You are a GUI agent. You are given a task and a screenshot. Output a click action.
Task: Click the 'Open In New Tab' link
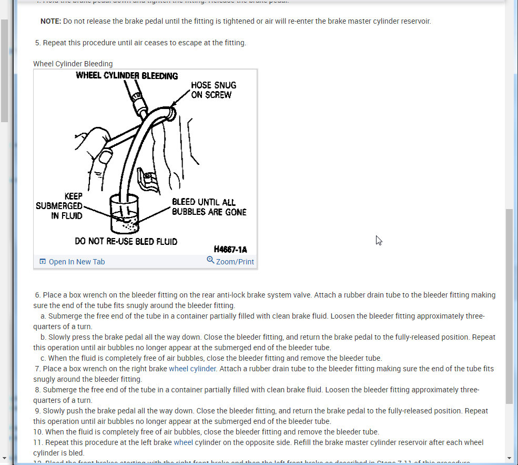[77, 262]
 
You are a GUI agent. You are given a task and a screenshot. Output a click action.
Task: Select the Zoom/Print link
[235, 262]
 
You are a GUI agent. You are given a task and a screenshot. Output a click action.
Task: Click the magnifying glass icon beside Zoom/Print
[210, 260]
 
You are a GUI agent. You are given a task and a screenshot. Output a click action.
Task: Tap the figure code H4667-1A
[230, 249]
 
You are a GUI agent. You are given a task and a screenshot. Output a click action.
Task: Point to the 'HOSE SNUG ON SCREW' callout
[214, 90]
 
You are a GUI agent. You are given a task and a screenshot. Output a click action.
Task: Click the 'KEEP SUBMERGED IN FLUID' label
[59, 205]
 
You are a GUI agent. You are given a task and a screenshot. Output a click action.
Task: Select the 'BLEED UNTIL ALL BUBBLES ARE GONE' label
[209, 207]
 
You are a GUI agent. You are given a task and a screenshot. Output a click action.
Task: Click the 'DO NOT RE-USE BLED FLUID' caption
[126, 242]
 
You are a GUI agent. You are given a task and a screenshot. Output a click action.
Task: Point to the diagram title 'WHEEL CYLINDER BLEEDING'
[127, 76]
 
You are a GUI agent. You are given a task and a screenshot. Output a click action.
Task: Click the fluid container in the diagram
[125, 214]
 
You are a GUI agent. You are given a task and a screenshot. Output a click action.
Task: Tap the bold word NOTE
[50, 22]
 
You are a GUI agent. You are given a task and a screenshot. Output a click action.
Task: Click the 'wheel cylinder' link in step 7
[192, 369]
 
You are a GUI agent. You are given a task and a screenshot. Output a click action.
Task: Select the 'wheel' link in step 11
[183, 442]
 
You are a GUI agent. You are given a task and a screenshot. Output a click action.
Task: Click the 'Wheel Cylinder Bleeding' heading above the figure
[73, 64]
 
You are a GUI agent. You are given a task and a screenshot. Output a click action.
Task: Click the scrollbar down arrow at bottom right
[509, 458]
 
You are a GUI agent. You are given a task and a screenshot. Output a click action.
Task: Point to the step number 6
[37, 295]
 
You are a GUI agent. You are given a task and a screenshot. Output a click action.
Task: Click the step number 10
[37, 432]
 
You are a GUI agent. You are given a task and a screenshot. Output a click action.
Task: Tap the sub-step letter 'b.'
[43, 337]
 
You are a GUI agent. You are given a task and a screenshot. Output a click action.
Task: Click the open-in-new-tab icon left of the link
[43, 262]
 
